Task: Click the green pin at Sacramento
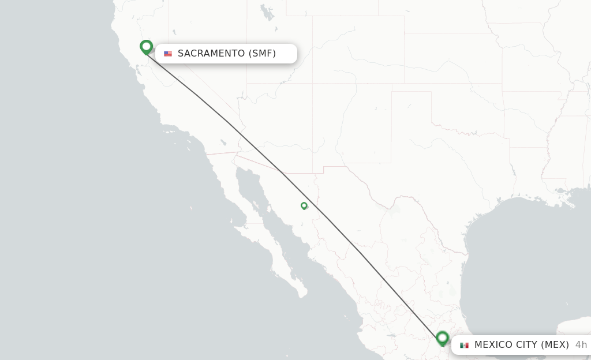[x=146, y=47]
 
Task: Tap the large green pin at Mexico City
[x=443, y=337]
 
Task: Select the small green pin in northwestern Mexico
[x=304, y=205]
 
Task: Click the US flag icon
[x=168, y=54]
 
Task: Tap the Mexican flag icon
[x=464, y=345]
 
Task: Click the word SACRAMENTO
[x=211, y=54]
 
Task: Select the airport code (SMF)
[x=262, y=54]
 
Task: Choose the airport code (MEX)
[x=556, y=345]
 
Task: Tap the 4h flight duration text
[x=581, y=345]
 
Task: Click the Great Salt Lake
[x=266, y=11]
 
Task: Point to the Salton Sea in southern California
[x=223, y=142]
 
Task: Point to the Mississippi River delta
[x=571, y=203]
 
